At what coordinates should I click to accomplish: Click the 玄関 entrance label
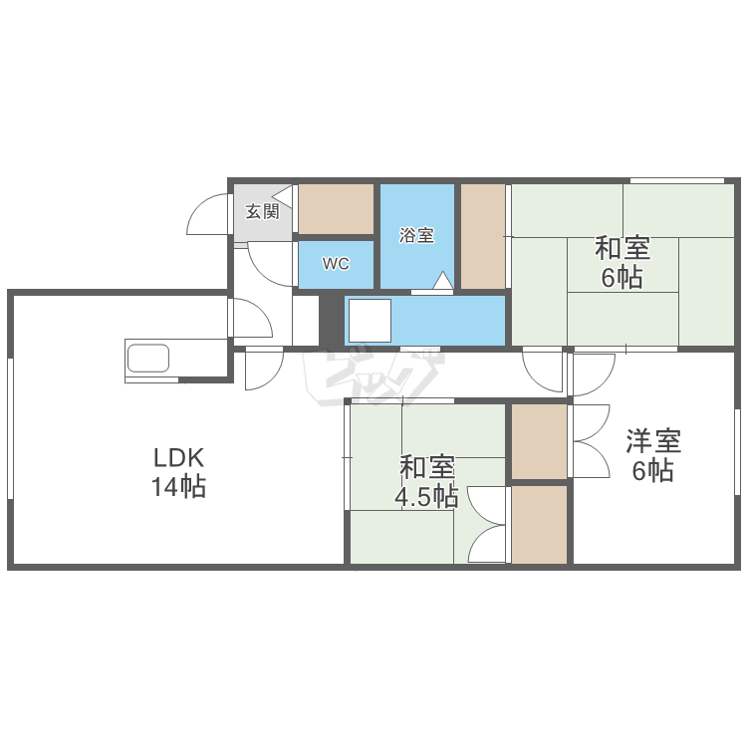[x=262, y=211]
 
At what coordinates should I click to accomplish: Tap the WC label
[x=336, y=264]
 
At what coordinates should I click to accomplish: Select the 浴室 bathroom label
[x=417, y=235]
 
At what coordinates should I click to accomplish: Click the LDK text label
[x=178, y=458]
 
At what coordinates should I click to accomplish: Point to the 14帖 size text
[x=178, y=487]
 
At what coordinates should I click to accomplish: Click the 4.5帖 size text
[x=426, y=497]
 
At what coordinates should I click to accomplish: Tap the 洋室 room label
[x=653, y=440]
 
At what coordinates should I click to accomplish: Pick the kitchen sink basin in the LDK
[x=148, y=359]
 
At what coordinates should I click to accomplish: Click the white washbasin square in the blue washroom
[x=370, y=321]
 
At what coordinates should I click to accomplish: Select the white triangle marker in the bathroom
[x=443, y=281]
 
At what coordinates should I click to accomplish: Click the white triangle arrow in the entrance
[x=282, y=195]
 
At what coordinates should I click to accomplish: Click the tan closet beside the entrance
[x=336, y=209]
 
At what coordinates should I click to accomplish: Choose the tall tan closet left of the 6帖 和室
[x=483, y=236]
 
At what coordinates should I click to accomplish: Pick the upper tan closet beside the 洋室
[x=539, y=441]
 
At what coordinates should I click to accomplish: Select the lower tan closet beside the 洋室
[x=539, y=525]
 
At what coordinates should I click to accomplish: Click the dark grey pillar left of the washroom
[x=332, y=321]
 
